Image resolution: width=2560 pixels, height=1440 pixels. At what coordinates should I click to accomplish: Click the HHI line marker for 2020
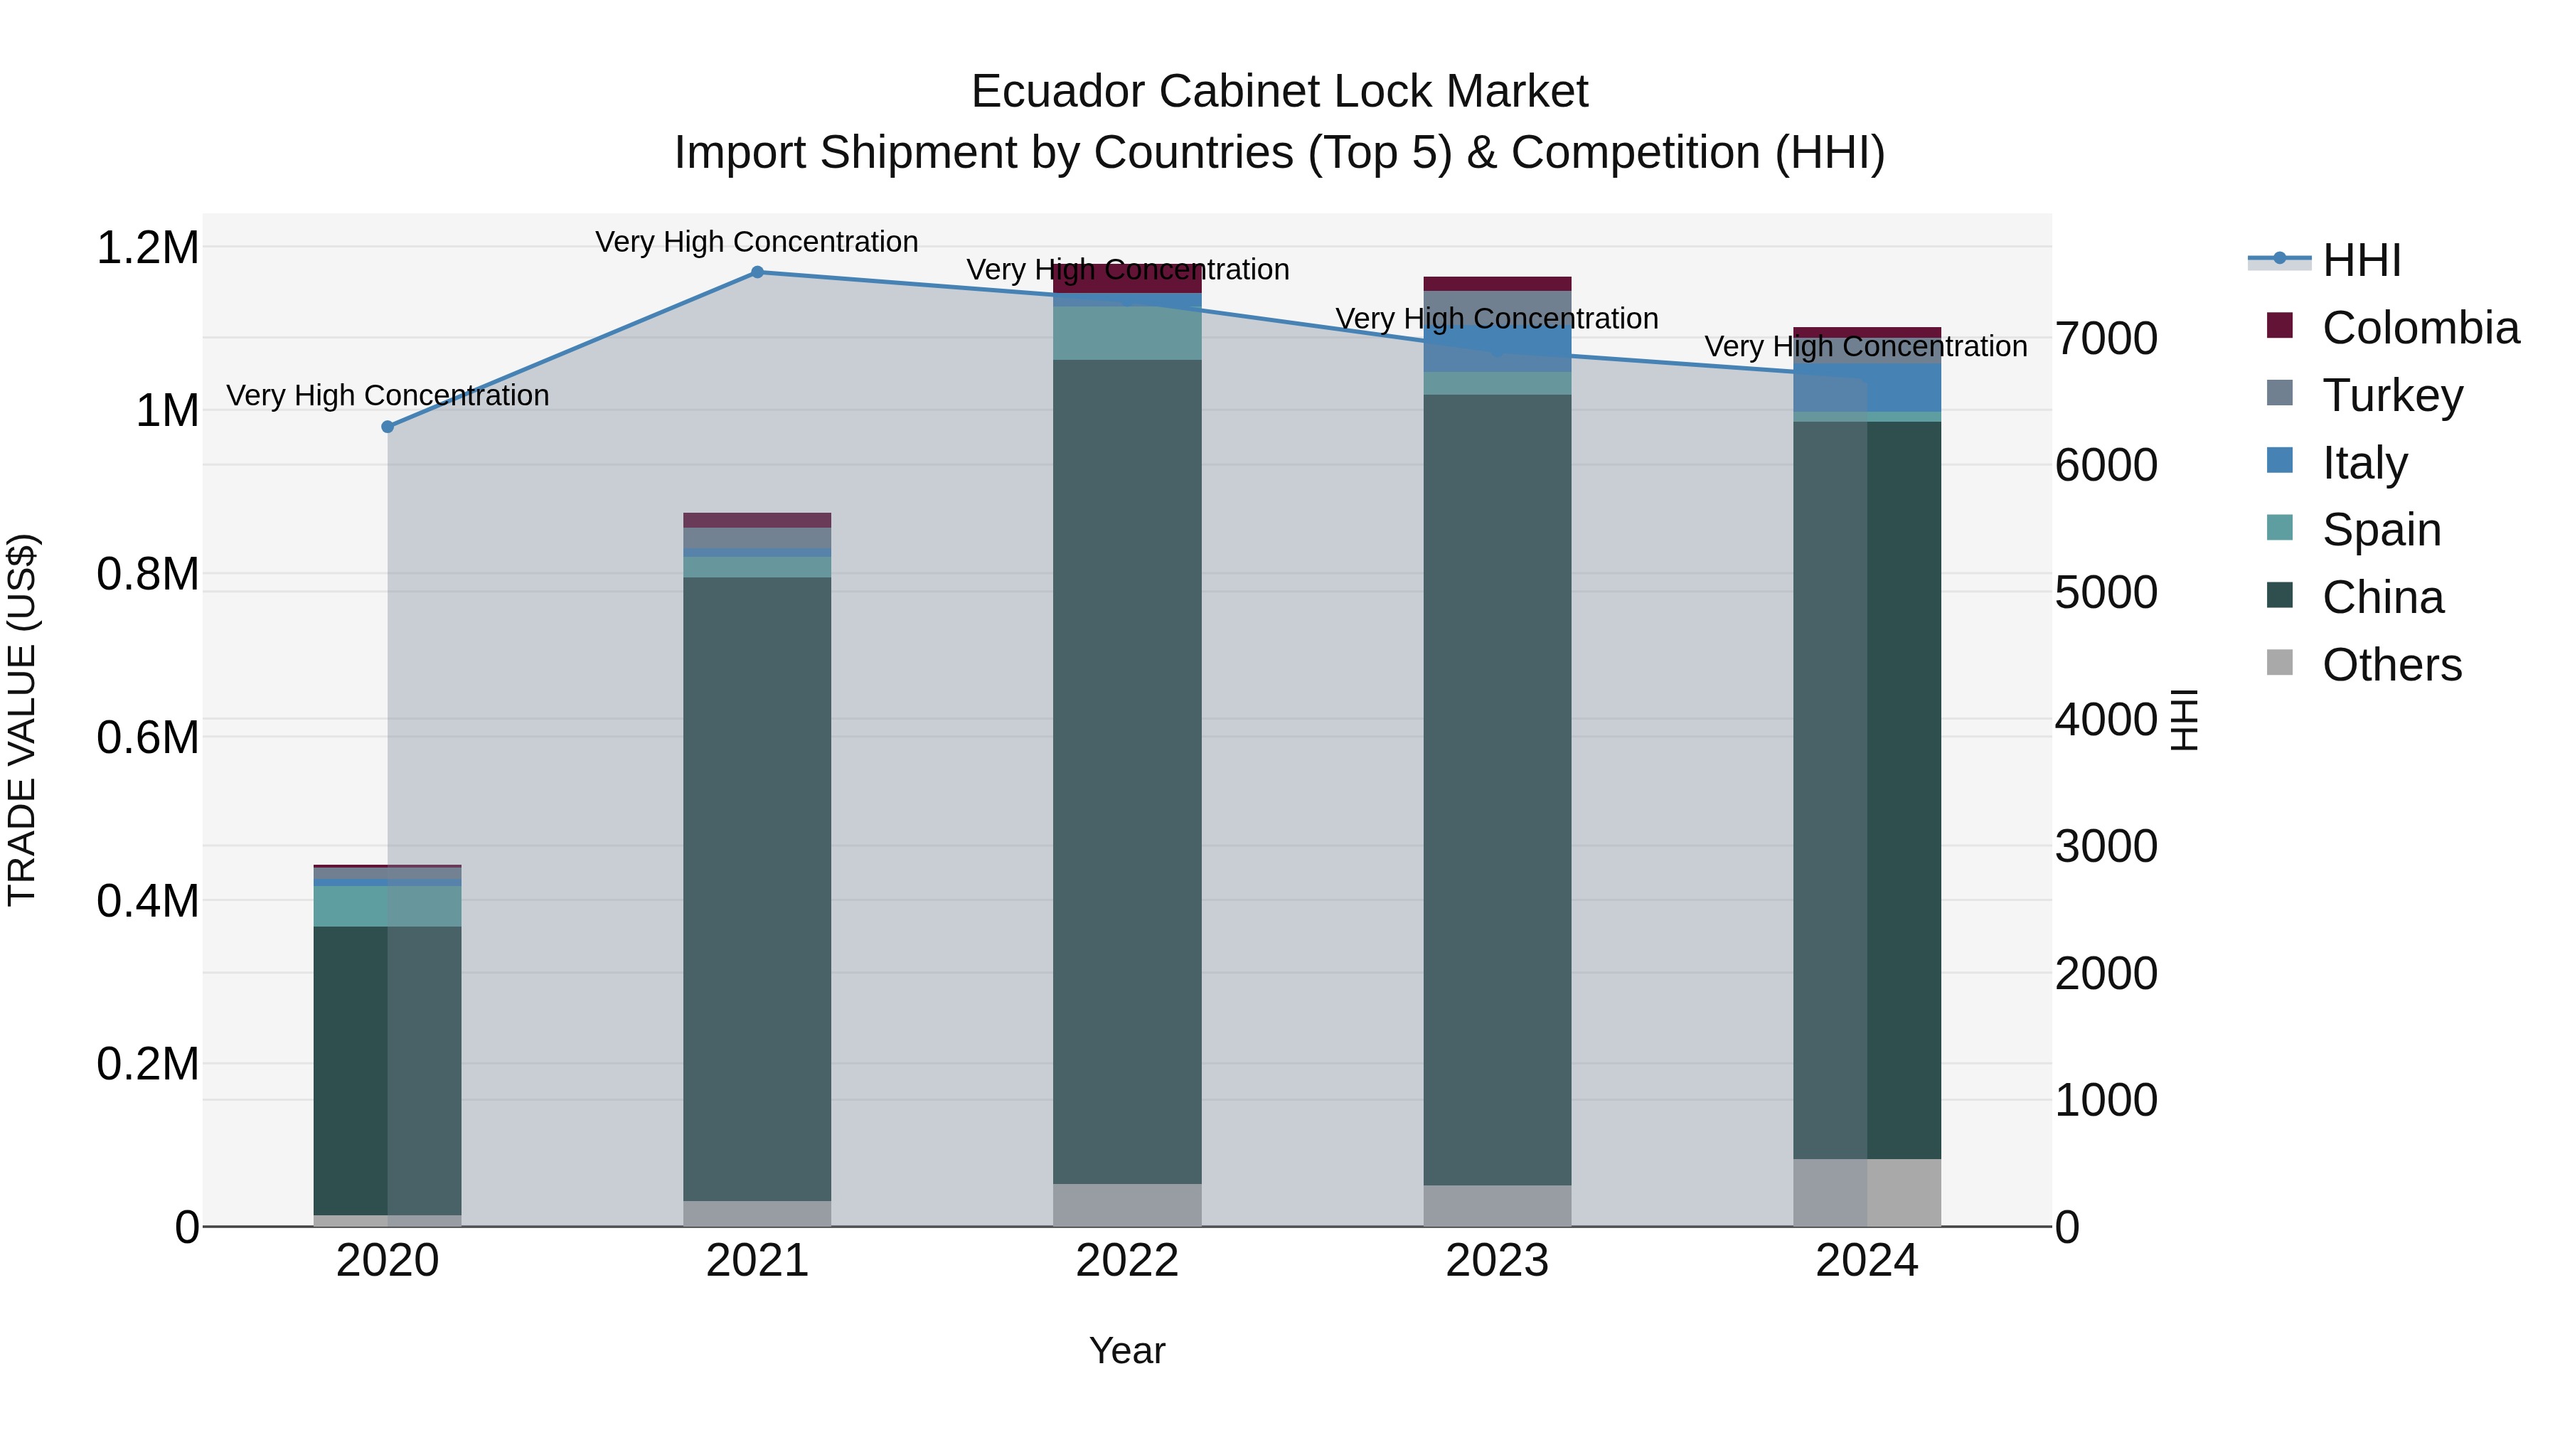pyautogui.click(x=388, y=427)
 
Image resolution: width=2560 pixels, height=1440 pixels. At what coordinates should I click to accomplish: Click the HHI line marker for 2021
pyautogui.click(x=757, y=272)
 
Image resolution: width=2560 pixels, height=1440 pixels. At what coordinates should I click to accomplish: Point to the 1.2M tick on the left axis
pyautogui.click(x=147, y=247)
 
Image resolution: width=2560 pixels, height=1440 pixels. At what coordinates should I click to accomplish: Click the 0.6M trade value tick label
pyautogui.click(x=147, y=737)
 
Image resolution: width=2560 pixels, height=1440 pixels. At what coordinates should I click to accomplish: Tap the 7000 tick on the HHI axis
pyautogui.click(x=2106, y=339)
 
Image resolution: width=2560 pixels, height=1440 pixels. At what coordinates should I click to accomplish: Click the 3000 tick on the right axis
pyautogui.click(x=2106, y=847)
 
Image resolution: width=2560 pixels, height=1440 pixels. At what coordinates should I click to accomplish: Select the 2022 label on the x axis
pyautogui.click(x=1127, y=1261)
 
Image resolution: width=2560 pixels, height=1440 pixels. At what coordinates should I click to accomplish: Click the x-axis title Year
pyautogui.click(x=1127, y=1350)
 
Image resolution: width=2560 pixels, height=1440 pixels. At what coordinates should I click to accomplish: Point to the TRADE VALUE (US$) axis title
pyautogui.click(x=22, y=720)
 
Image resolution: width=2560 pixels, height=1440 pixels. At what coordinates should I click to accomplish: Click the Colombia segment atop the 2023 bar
pyautogui.click(x=1497, y=283)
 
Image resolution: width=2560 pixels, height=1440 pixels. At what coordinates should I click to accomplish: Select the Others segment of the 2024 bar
pyautogui.click(x=1867, y=1192)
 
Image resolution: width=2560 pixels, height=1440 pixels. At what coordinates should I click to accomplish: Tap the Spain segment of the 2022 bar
pyautogui.click(x=1127, y=333)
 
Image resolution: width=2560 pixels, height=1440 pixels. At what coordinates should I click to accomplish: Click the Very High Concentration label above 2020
pyautogui.click(x=388, y=395)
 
